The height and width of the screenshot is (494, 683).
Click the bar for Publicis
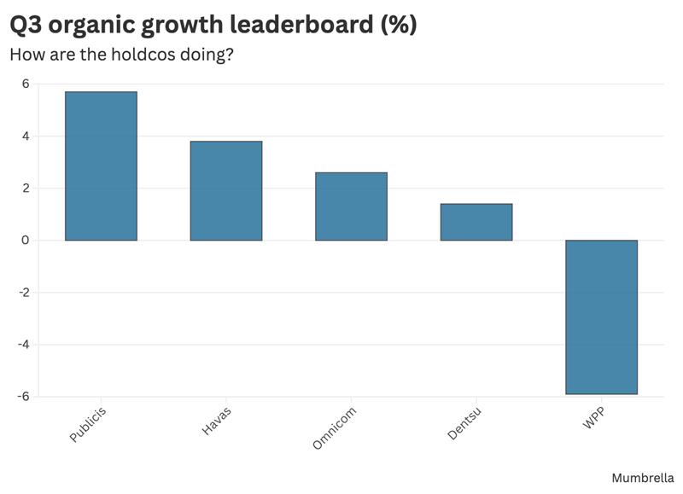(x=101, y=166)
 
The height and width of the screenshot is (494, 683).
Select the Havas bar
(x=225, y=190)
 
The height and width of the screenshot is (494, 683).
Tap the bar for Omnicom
(x=351, y=206)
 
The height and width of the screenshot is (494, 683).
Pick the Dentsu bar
(x=476, y=222)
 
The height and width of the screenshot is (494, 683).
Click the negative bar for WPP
(x=601, y=317)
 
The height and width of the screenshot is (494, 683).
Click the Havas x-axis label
(x=216, y=421)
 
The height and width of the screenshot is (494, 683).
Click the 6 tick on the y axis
(x=26, y=84)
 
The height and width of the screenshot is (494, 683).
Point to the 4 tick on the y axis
(x=26, y=136)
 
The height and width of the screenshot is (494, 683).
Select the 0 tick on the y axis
(x=26, y=240)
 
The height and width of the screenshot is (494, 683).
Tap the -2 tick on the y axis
(x=23, y=293)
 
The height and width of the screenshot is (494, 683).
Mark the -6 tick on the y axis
(x=23, y=397)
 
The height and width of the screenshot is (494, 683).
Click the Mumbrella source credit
(x=643, y=479)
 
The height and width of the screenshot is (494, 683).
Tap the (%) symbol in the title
(x=398, y=26)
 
